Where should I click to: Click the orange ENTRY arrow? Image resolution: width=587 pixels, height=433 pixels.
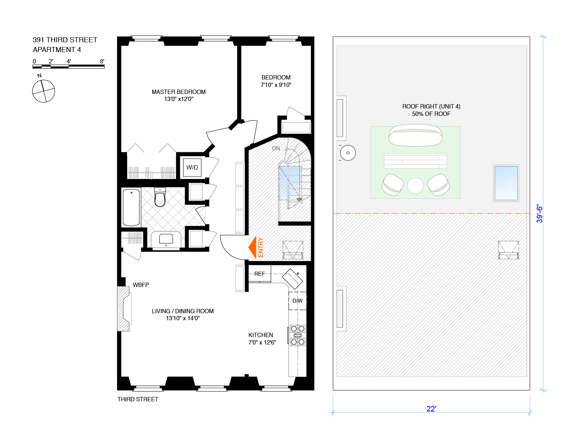point(253,247)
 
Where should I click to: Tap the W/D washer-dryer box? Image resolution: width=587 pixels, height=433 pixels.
point(192,168)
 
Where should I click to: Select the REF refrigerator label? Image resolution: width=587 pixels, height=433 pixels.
point(259,274)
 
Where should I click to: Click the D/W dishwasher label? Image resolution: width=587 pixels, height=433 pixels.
point(297,301)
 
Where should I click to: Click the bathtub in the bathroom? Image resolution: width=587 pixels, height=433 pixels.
point(131,207)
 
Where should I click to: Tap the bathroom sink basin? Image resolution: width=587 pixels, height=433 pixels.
point(166,239)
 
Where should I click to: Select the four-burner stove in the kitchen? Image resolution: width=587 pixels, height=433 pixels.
point(298,336)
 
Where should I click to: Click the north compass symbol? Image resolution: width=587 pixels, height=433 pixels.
point(43,91)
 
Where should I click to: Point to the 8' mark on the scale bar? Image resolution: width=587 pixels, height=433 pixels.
point(102,61)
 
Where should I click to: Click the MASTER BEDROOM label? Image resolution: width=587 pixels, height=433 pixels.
point(179,92)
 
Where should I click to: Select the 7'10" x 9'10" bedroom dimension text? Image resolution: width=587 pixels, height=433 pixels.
point(276,85)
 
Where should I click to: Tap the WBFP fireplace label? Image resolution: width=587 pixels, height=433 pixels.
point(141,285)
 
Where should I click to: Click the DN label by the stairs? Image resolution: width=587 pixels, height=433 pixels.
point(276,148)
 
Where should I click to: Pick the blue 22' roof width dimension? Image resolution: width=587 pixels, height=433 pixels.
point(431,409)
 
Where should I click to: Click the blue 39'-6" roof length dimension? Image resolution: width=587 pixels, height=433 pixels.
point(539,214)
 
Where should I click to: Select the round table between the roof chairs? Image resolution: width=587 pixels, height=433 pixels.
point(415,186)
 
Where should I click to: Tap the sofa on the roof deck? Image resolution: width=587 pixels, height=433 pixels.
point(415,135)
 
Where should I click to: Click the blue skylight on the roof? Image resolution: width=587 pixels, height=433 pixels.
point(506,183)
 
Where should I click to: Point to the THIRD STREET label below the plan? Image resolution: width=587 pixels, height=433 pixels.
point(138,399)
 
